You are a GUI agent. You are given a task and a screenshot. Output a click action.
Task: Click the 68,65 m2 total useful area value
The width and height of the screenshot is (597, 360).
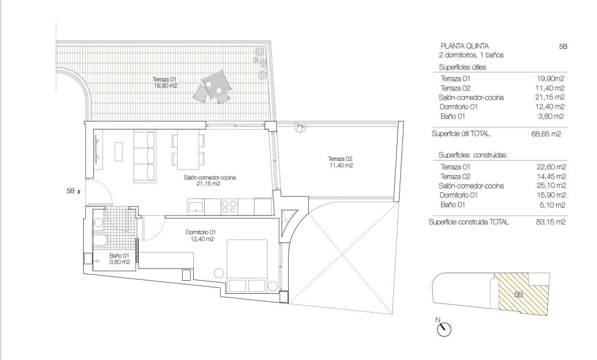click(x=548, y=134)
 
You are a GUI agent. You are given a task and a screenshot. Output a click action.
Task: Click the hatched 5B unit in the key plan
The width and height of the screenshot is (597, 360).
click(x=520, y=294)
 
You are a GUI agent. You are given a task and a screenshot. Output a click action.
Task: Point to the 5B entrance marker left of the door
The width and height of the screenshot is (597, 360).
click(x=72, y=192)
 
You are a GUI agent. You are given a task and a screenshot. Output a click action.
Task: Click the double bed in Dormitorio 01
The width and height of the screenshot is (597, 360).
click(x=248, y=265)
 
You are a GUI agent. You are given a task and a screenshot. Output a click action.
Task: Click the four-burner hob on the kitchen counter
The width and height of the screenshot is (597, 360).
click(x=229, y=206)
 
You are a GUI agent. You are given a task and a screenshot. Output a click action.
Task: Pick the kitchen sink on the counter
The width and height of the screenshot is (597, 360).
click(x=194, y=206)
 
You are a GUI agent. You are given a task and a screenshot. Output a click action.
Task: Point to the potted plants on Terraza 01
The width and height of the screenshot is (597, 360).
click(x=261, y=62)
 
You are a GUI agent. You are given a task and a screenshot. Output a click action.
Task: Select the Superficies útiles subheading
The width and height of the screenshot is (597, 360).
click(x=463, y=67)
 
